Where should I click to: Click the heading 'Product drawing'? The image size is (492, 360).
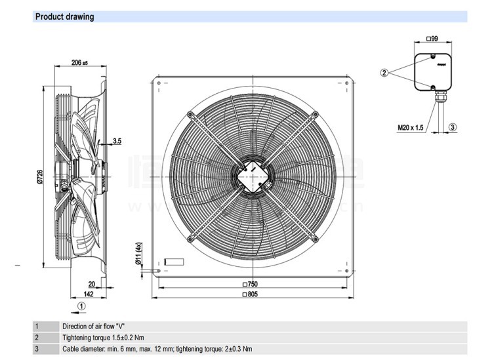click(x=64, y=17)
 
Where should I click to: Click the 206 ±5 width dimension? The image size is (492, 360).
click(x=79, y=63)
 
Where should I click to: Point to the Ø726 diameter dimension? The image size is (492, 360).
click(x=40, y=178)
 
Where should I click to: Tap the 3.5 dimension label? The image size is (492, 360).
click(x=117, y=141)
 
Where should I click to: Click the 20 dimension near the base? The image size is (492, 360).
click(x=91, y=284)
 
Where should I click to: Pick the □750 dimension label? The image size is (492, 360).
click(x=250, y=285)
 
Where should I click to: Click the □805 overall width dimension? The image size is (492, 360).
click(x=250, y=295)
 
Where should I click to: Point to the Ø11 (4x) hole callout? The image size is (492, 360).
click(x=138, y=254)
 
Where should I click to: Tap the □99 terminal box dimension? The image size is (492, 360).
click(x=432, y=39)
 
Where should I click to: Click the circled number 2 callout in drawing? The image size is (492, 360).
click(x=385, y=72)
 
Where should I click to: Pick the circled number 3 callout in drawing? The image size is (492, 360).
click(x=452, y=127)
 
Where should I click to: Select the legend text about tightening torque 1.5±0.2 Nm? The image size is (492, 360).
click(x=103, y=337)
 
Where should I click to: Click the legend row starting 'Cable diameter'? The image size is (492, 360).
click(x=157, y=349)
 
